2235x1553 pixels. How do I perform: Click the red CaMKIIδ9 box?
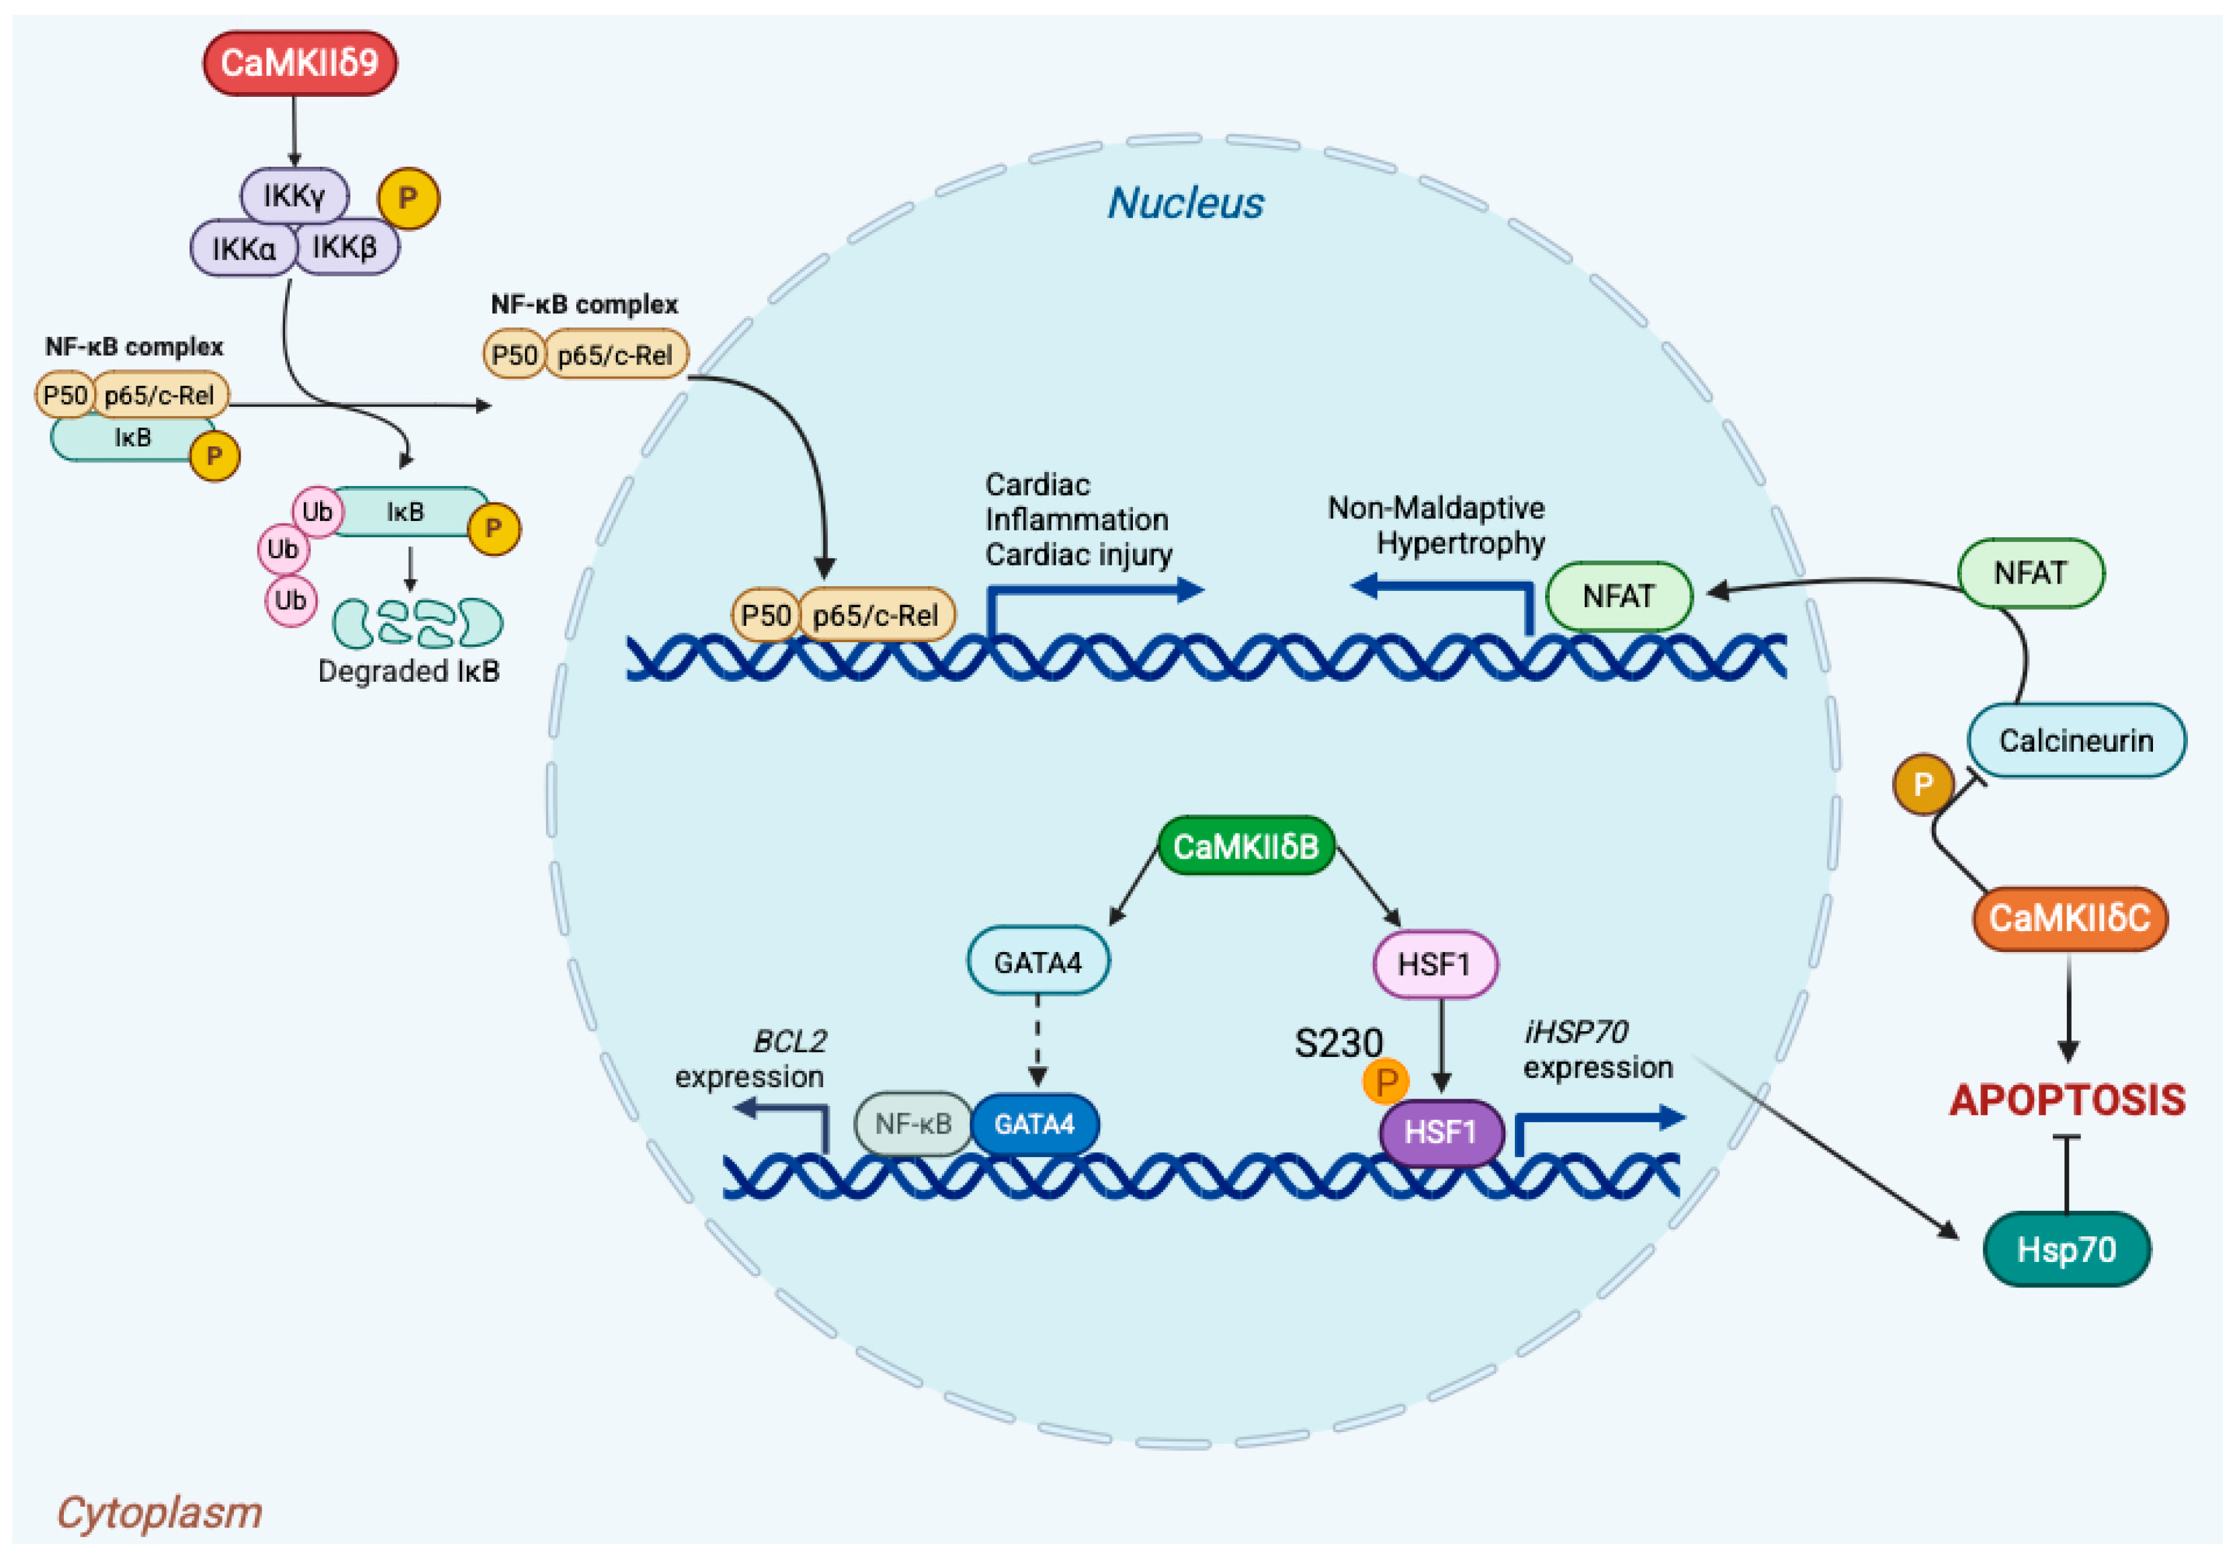[x=299, y=63]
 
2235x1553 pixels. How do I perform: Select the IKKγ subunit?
[x=293, y=196]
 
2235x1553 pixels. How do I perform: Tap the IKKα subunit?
[x=243, y=249]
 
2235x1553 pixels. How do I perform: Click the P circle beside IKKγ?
[x=407, y=198]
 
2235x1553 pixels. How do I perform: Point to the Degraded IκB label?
[x=409, y=672]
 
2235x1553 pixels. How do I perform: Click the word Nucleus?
[x=1185, y=203]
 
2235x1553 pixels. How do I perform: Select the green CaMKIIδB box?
[x=1245, y=846]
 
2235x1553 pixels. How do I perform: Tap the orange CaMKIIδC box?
[x=2069, y=918]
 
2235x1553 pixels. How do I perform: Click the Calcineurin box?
[x=2076, y=740]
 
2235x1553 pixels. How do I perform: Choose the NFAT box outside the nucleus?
[x=2030, y=573]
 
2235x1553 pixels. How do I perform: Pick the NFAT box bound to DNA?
[x=1618, y=596]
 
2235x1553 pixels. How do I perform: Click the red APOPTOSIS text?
[x=2067, y=1101]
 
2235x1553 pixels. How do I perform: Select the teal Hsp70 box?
[x=2066, y=1249]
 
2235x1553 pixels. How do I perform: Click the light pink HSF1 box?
[x=1434, y=964]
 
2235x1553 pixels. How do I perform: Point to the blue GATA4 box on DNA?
[x=1034, y=1125]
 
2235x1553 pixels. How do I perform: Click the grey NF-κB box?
[x=912, y=1125]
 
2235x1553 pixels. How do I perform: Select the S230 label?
[x=1338, y=1043]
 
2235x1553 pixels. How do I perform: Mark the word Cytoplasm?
[x=159, y=1512]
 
